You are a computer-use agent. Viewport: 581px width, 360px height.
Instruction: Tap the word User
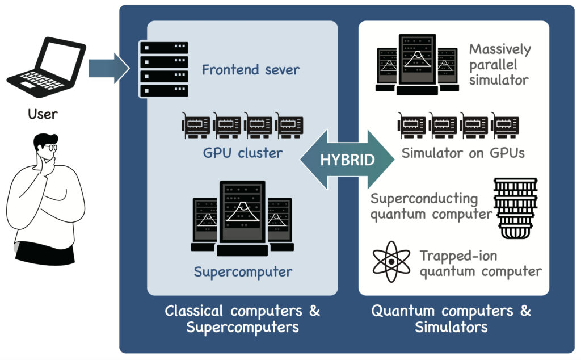click(x=43, y=114)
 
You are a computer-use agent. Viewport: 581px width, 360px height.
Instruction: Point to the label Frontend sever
click(x=250, y=70)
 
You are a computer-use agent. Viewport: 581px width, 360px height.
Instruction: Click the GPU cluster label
click(x=243, y=153)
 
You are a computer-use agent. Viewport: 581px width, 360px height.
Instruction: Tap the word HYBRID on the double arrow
click(x=347, y=160)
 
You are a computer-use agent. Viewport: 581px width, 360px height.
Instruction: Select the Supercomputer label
click(x=243, y=272)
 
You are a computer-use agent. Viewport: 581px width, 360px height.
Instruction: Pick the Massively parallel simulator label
click(x=500, y=64)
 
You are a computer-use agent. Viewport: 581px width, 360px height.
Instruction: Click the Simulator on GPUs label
click(x=463, y=153)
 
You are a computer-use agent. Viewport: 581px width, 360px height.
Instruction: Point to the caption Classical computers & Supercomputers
click(x=242, y=319)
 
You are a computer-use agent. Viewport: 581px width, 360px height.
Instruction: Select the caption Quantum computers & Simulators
click(x=451, y=319)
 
